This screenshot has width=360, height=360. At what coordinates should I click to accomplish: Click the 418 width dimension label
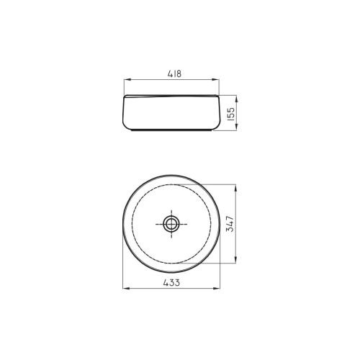pos(174,73)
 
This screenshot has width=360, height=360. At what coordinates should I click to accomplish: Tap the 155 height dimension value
pos(230,114)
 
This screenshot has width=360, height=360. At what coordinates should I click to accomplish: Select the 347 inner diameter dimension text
pos(230,224)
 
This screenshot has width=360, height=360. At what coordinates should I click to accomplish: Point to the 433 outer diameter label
pos(171,283)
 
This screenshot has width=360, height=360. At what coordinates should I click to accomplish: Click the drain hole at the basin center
pos(171,224)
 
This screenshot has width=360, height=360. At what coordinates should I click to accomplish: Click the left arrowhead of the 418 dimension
pos(127,80)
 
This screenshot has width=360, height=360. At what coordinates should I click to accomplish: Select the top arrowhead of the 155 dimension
pos(236,99)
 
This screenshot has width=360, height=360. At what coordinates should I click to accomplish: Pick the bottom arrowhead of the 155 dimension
pos(236,127)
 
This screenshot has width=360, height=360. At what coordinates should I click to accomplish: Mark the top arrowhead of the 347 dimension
pos(235,188)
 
